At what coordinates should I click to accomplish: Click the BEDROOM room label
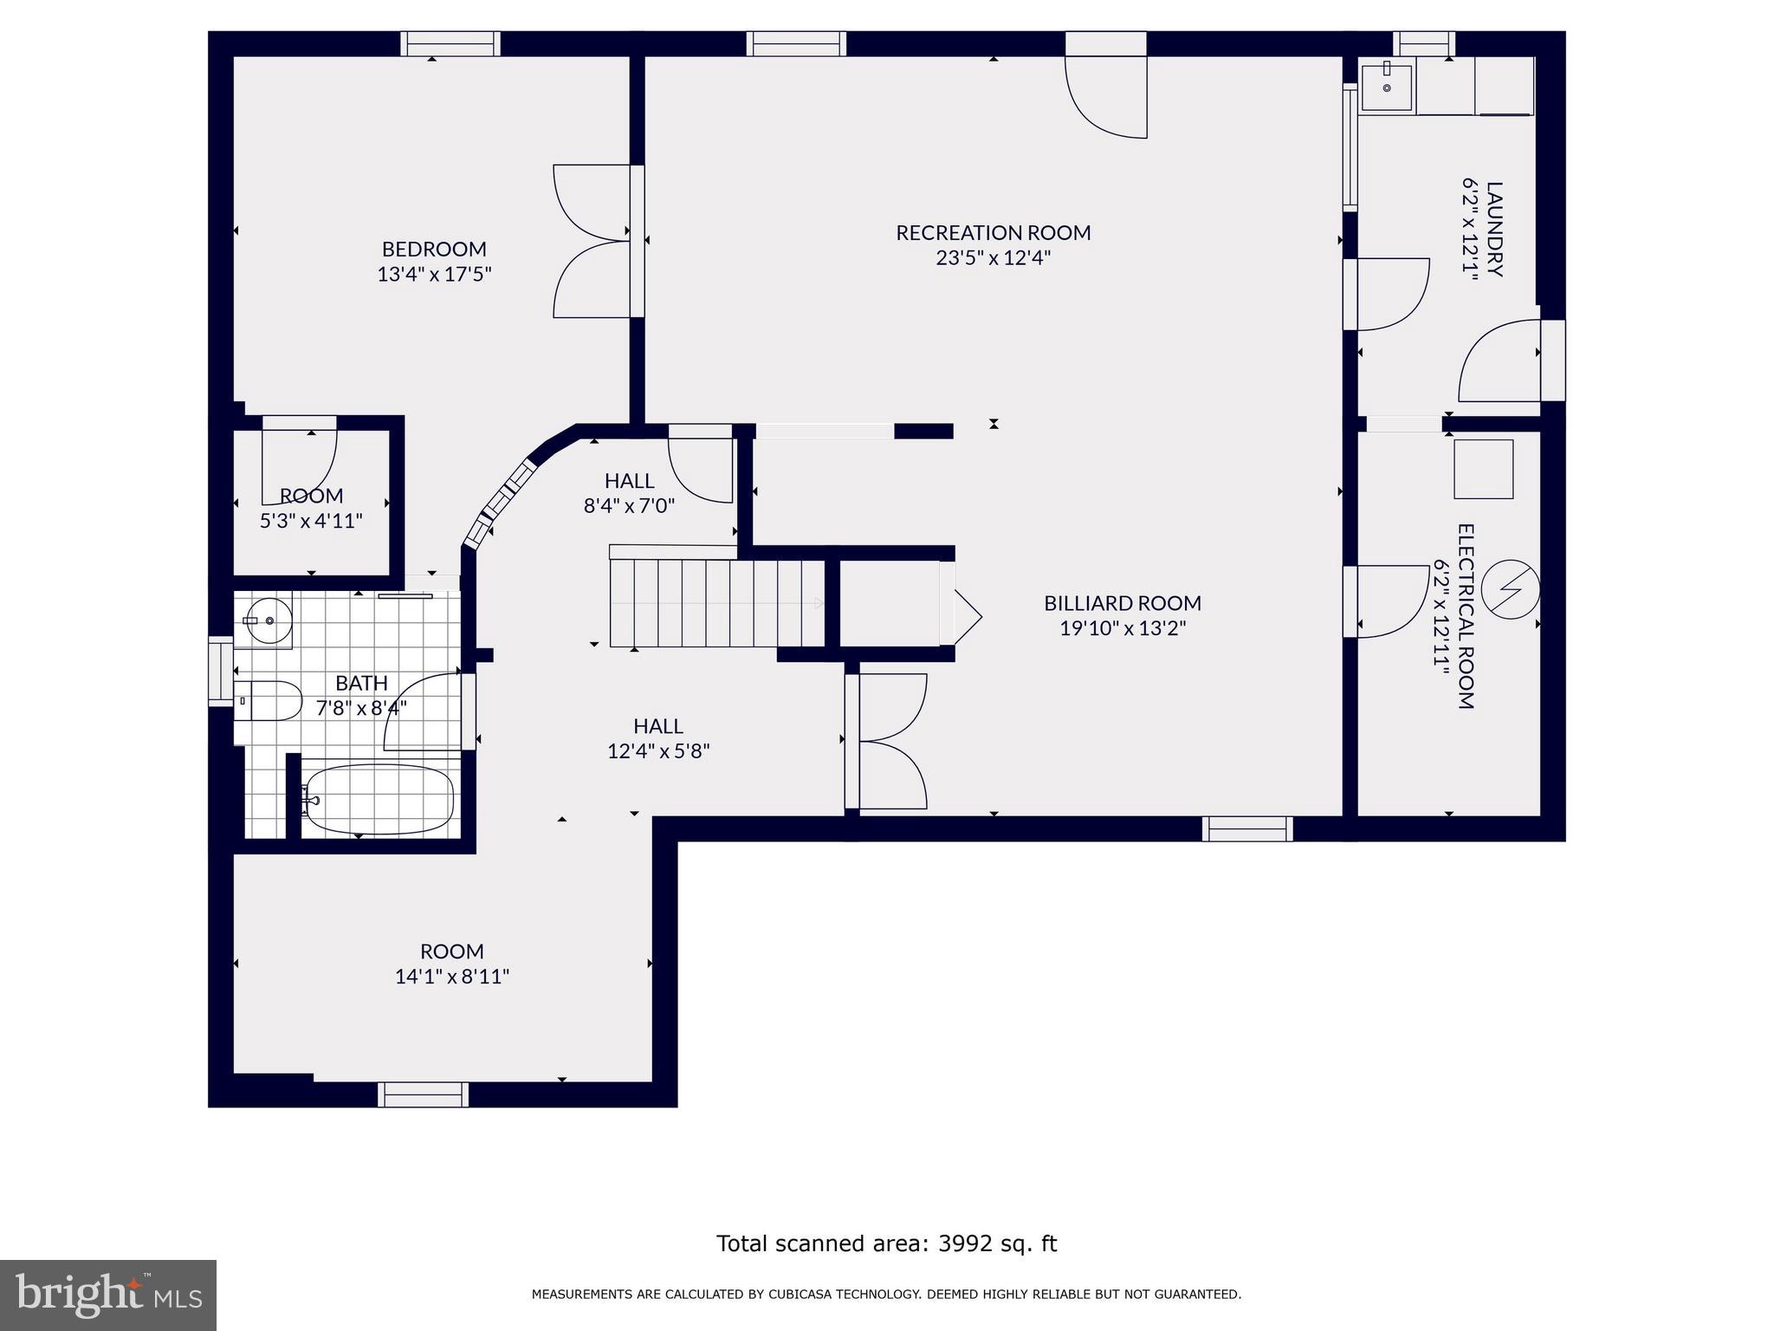click(434, 250)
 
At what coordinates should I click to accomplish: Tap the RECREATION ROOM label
click(993, 233)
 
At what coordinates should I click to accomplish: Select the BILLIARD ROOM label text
click(1123, 603)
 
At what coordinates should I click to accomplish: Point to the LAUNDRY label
click(1494, 229)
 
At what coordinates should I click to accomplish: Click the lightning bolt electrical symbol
click(1510, 589)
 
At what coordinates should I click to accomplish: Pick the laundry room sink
click(1387, 88)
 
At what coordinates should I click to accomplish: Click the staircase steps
click(717, 602)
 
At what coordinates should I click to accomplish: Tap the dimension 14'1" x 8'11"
click(452, 977)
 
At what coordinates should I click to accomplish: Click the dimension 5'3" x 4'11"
click(311, 521)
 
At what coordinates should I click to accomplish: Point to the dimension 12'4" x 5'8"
click(658, 751)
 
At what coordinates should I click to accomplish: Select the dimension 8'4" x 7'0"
click(629, 505)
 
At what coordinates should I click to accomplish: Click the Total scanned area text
click(886, 1243)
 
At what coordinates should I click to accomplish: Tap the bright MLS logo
click(108, 1295)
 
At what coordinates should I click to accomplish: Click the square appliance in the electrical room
click(1483, 469)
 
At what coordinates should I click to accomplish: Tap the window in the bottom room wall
click(424, 1094)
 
